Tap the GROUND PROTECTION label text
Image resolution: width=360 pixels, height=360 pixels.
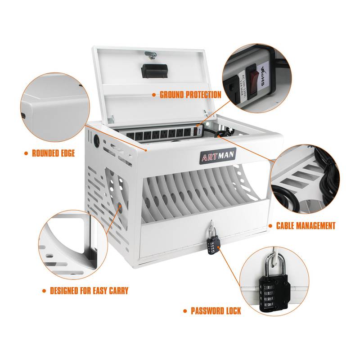click(190, 95)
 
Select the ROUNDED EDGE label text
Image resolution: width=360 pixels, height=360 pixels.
click(53, 153)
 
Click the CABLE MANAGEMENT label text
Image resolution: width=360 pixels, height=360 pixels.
click(306, 226)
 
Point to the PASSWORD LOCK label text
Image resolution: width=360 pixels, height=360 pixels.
click(216, 311)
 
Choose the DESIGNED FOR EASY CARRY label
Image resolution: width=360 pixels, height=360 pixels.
click(89, 291)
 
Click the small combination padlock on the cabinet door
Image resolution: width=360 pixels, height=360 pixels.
click(212, 243)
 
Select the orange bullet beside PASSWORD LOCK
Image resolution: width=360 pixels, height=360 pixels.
click(185, 311)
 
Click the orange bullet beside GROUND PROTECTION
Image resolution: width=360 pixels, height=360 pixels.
click(153, 95)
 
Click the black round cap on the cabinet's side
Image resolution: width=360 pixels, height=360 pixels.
click(95, 138)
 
